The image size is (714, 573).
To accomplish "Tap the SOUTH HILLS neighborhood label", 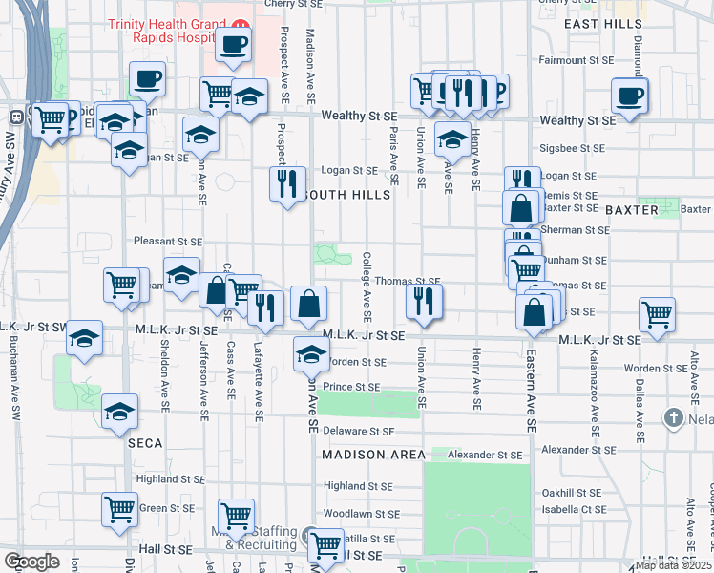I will (345, 195).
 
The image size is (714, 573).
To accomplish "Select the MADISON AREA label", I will (371, 455).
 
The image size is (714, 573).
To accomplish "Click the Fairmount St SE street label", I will (573, 60).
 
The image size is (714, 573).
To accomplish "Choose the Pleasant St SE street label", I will (168, 243).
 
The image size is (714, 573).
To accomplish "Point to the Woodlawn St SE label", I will (361, 513).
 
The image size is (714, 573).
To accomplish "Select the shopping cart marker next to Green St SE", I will (120, 509).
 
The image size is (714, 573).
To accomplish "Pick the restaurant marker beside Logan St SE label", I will (288, 181).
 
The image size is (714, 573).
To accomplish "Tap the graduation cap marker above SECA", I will (120, 411).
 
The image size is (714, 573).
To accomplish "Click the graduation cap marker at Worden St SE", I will (311, 353).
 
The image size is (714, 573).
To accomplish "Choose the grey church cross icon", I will (673, 418).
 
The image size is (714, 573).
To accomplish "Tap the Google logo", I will (31, 562).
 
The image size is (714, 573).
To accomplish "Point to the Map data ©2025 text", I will (673, 565).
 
